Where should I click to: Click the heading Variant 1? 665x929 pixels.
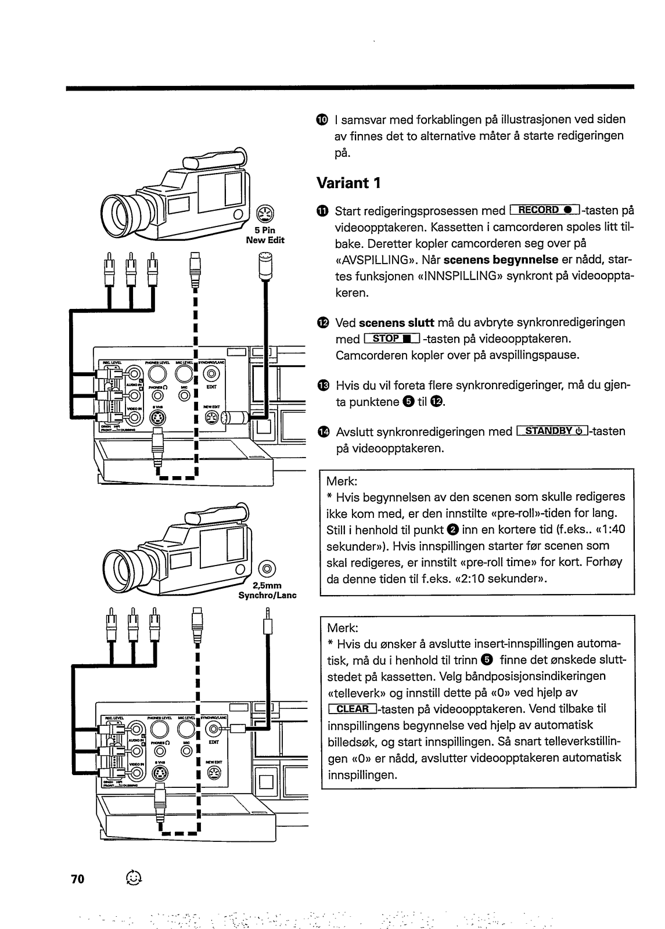pyautogui.click(x=348, y=183)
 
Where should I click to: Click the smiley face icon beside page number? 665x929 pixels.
pyautogui.click(x=133, y=878)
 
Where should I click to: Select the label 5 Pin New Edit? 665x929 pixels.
pyautogui.click(x=265, y=235)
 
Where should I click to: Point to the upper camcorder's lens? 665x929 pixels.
pyautogui.click(x=121, y=207)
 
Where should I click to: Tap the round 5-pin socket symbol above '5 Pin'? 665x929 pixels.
pyautogui.click(x=264, y=214)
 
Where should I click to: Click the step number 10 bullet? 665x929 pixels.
pyautogui.click(x=323, y=120)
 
